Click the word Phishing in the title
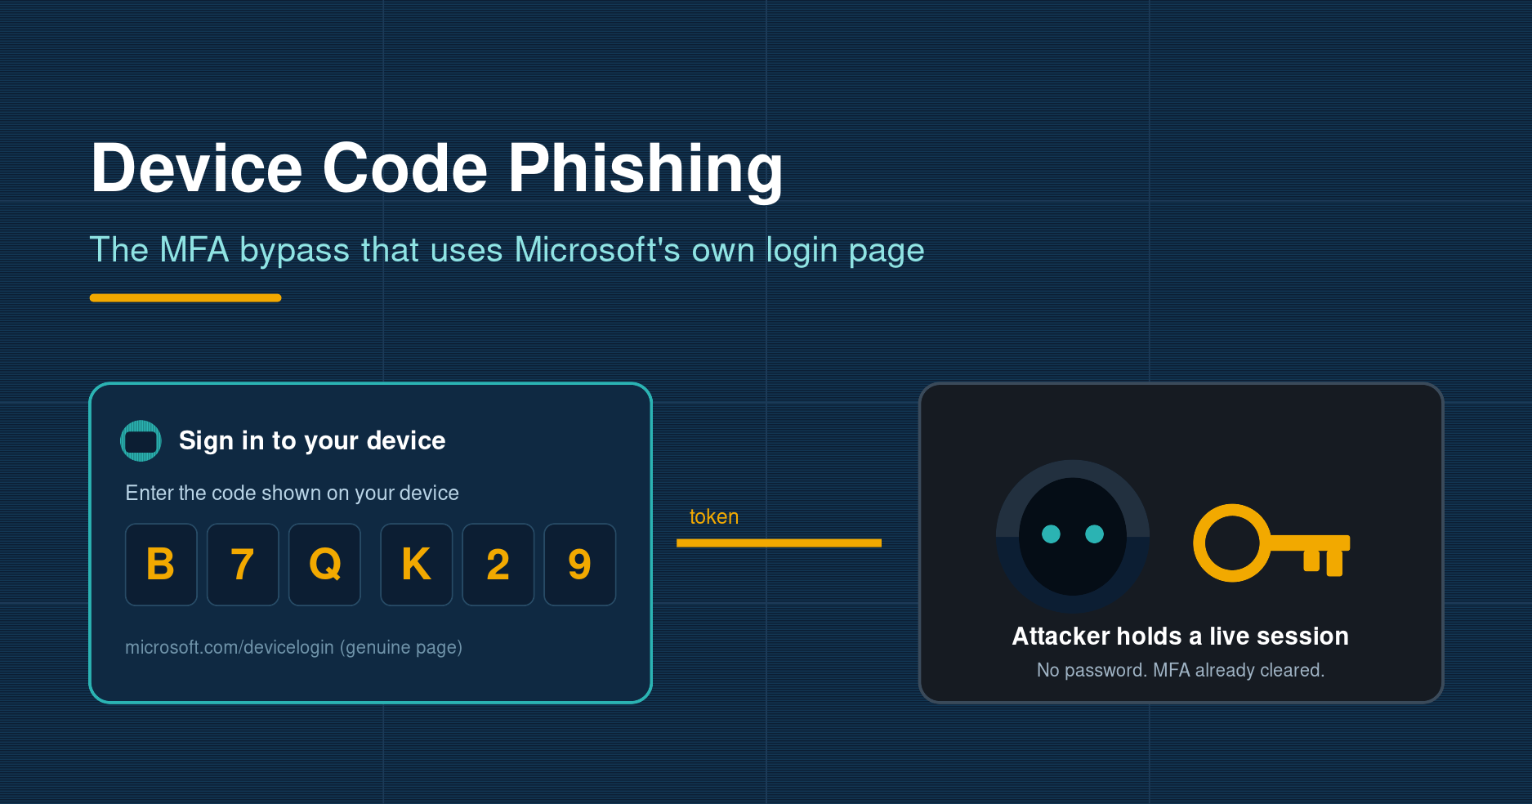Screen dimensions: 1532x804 [645, 169]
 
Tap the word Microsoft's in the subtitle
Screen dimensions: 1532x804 [597, 250]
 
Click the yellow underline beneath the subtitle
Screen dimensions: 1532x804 [185, 298]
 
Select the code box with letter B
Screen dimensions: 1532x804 [161, 565]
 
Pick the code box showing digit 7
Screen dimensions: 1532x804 [243, 565]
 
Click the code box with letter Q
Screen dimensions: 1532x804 [324, 565]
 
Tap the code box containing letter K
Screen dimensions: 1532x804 [417, 565]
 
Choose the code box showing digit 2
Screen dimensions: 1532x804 [498, 565]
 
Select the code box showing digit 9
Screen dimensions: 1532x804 [580, 565]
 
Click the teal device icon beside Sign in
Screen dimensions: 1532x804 [141, 441]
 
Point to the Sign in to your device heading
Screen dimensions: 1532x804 [312, 441]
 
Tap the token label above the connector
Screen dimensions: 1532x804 [714, 517]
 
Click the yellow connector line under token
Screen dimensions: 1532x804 [779, 543]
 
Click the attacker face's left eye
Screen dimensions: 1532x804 [1052, 534]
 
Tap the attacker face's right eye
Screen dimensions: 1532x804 [1095, 534]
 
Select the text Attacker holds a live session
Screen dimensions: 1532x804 [1181, 636]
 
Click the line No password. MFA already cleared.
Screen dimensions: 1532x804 [1181, 670]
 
